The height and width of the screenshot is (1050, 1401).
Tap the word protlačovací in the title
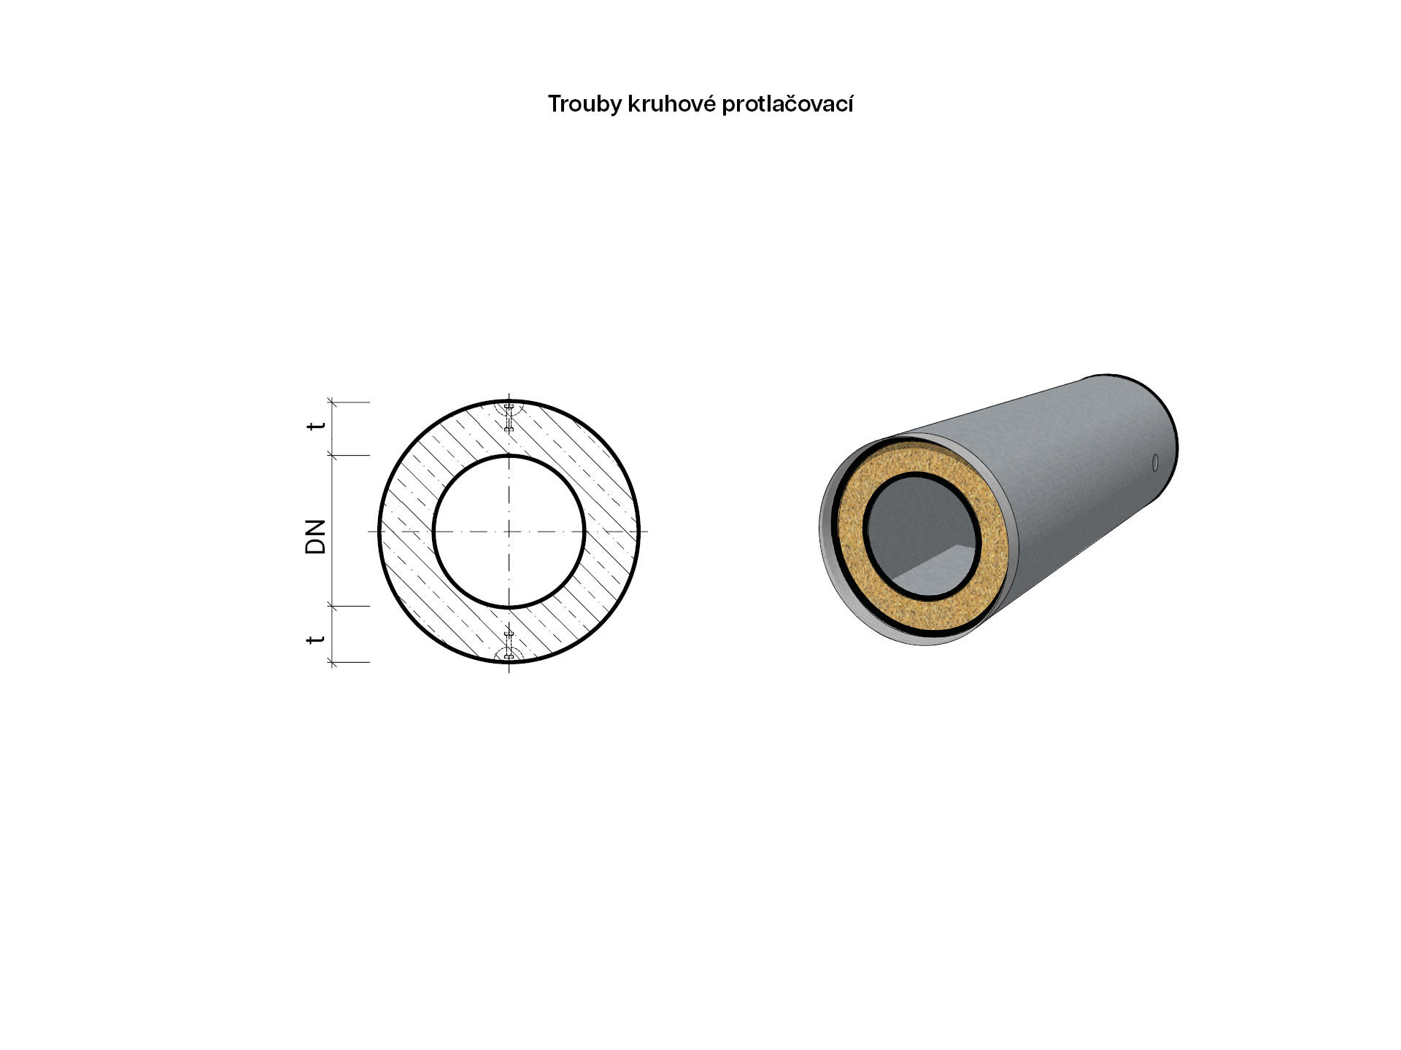pos(787,105)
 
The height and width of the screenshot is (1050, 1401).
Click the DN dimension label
pos(315,537)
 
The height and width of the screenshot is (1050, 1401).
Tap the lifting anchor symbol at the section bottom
pos(509,647)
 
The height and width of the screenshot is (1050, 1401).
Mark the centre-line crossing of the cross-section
pos(509,532)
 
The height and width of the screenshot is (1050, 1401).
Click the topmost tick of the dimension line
pos(333,402)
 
